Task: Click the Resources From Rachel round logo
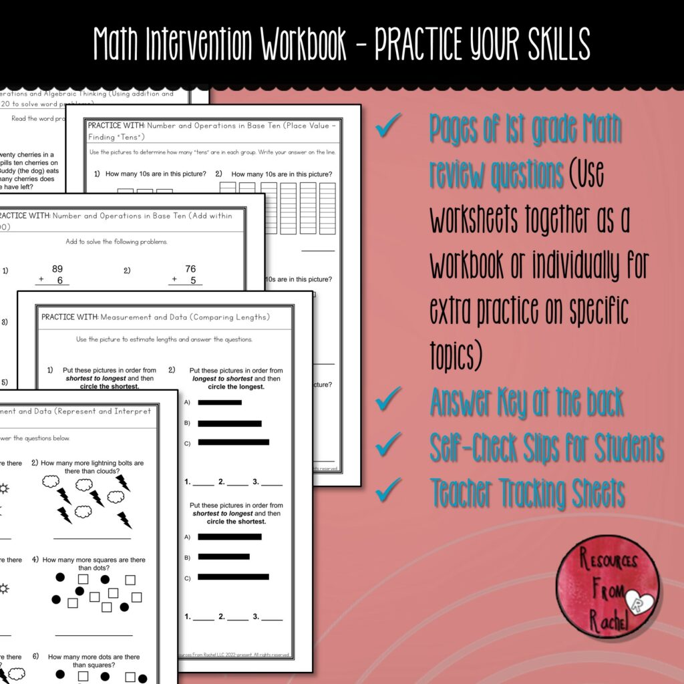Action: pos(609,586)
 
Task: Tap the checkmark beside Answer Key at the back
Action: pos(388,403)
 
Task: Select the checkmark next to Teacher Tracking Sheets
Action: pos(388,491)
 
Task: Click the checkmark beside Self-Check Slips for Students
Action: pos(388,444)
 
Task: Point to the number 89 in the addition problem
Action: pos(57,269)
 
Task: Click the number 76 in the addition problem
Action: pos(190,269)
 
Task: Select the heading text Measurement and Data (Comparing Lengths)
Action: pos(184,317)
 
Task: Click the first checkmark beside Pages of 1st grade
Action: pos(388,127)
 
